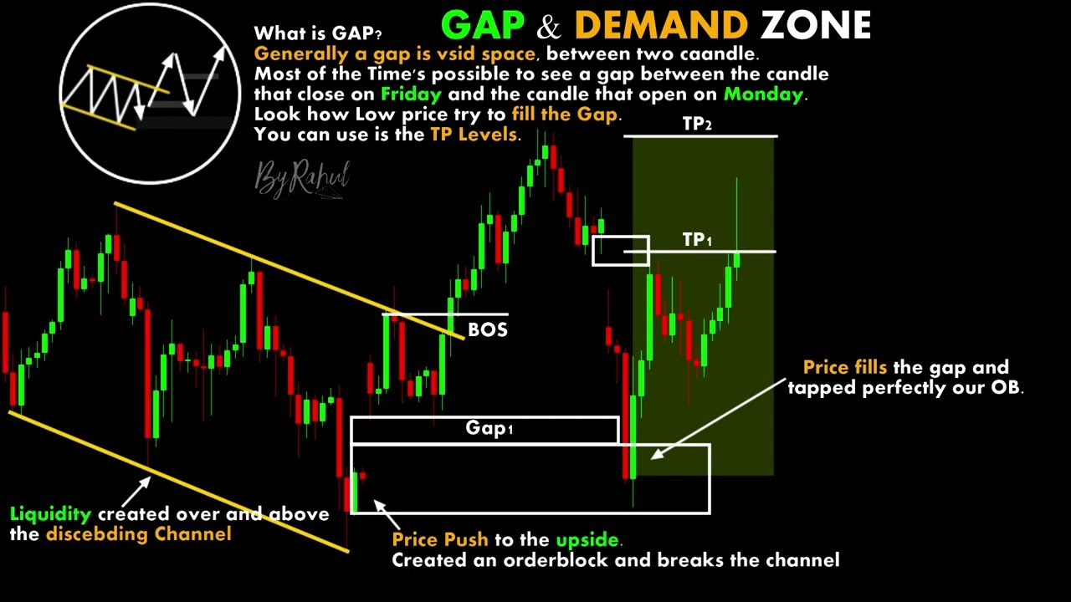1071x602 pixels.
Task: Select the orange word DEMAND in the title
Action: (661, 26)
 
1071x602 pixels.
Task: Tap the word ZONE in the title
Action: (816, 26)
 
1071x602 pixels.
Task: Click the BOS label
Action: (487, 329)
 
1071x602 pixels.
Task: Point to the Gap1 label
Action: (489, 429)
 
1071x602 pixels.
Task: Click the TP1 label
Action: (697, 240)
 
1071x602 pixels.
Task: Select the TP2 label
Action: (697, 124)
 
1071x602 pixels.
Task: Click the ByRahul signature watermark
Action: (301, 178)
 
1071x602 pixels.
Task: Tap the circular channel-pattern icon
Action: (150, 93)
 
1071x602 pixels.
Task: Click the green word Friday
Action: (410, 94)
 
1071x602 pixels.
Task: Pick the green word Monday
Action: (762, 94)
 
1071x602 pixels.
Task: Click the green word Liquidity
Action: (50, 514)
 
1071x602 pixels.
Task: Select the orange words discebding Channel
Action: (138, 534)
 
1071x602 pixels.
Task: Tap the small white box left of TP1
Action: (620, 251)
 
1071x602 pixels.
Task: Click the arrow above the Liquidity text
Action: (136, 489)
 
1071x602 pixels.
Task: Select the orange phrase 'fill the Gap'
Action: (566, 114)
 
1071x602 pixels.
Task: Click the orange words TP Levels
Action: (474, 134)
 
